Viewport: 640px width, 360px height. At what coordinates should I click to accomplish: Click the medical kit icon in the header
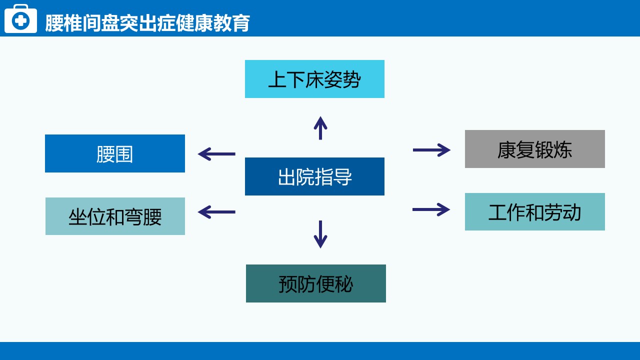(20, 19)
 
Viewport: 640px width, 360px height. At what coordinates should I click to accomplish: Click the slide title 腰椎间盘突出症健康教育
(147, 23)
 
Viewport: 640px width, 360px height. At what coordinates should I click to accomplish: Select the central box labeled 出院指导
(314, 176)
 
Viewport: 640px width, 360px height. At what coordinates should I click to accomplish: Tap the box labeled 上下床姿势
(314, 79)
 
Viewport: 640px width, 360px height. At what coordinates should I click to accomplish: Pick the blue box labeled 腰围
(115, 153)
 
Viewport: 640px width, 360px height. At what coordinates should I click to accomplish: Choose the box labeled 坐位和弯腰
(115, 216)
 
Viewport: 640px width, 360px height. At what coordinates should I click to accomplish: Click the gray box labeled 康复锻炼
(534, 149)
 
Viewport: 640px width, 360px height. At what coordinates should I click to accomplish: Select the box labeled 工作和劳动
(534, 211)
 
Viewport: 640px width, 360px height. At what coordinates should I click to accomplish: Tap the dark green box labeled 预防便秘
(315, 283)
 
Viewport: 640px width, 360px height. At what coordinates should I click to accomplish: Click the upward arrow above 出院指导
(320, 128)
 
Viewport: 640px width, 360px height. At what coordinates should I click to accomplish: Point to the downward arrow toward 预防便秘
(320, 234)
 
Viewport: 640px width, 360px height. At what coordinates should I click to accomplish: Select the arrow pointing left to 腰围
(216, 154)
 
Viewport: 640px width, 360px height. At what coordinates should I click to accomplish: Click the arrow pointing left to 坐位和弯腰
(216, 212)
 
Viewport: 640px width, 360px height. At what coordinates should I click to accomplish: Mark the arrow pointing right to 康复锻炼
(431, 150)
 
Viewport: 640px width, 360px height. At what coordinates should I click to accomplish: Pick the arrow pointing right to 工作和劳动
(431, 209)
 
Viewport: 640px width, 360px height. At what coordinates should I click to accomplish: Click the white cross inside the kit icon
(20, 20)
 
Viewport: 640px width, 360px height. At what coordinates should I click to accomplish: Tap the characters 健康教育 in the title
(213, 23)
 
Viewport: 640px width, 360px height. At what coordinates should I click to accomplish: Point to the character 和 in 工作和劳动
(534, 212)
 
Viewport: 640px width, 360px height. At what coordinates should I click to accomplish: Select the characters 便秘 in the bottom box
(334, 284)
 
